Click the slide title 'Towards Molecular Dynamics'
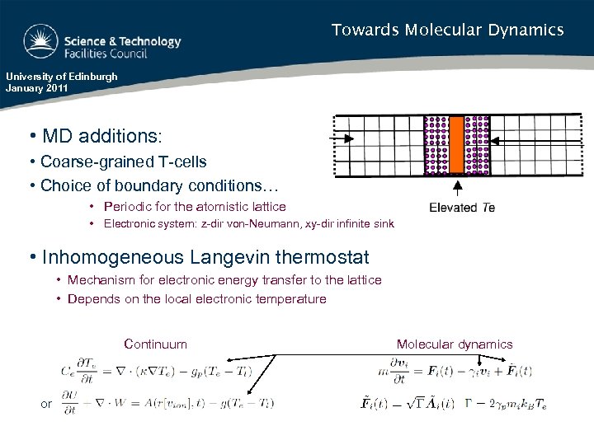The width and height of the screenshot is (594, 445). point(447,30)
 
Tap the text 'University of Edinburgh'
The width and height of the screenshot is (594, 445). point(62,77)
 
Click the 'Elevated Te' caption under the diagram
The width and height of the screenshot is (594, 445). point(462,208)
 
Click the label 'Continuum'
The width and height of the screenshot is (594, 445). point(155,344)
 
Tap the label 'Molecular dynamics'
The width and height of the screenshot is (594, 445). point(454,344)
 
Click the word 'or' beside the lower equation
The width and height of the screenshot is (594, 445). point(46,403)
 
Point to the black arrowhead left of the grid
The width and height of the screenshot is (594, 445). point(348,139)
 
